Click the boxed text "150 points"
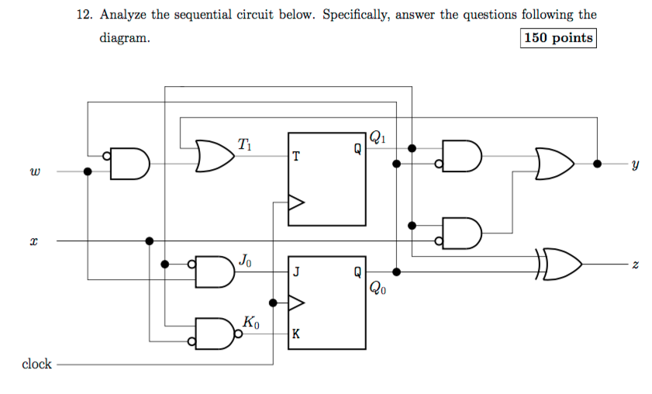[559, 38]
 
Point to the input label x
[33, 241]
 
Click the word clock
[36, 364]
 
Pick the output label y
[635, 164]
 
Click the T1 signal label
[244, 143]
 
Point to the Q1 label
[376, 138]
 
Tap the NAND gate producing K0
[218, 333]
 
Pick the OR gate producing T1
[216, 156]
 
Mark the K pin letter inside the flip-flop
[296, 334]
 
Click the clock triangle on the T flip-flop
[296, 203]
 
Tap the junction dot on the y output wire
[597, 164]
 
